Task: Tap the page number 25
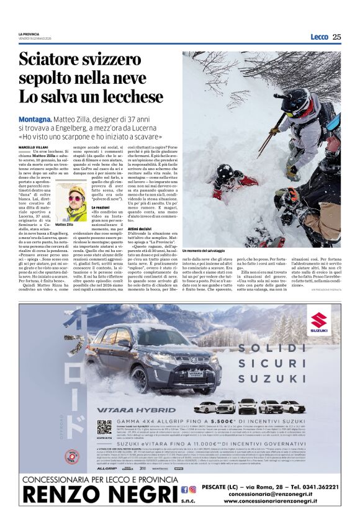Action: (336, 37)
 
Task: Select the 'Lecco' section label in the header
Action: (319, 37)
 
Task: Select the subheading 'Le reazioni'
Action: (101, 207)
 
